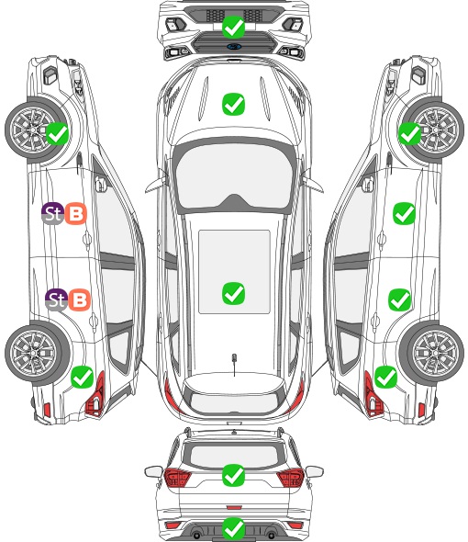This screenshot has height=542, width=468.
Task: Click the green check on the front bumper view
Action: [233, 27]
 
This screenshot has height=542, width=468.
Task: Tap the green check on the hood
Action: [233, 104]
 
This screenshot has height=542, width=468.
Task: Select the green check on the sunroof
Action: [233, 293]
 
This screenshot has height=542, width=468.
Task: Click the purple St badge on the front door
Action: [53, 213]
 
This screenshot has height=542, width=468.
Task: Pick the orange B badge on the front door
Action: [75, 214]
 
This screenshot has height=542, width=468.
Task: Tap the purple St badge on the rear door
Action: [56, 299]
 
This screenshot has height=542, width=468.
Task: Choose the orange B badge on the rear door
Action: [80, 299]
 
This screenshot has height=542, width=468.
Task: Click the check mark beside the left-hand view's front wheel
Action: [57, 133]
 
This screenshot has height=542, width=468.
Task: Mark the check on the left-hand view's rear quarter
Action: [83, 377]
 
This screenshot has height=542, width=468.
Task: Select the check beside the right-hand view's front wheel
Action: [410, 133]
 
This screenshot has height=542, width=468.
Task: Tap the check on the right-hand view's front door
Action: [404, 214]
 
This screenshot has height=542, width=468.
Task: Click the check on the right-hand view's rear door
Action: [399, 299]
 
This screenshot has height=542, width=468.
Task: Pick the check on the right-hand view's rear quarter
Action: [385, 377]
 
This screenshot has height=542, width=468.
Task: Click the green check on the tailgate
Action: [233, 475]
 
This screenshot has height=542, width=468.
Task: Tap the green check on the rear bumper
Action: [233, 528]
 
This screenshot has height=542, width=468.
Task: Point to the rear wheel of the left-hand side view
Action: [36, 353]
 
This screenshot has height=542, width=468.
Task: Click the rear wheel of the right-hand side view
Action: [432, 353]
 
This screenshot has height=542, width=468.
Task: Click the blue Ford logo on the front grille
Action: [234, 46]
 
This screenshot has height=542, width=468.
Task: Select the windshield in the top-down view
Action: [234, 175]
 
